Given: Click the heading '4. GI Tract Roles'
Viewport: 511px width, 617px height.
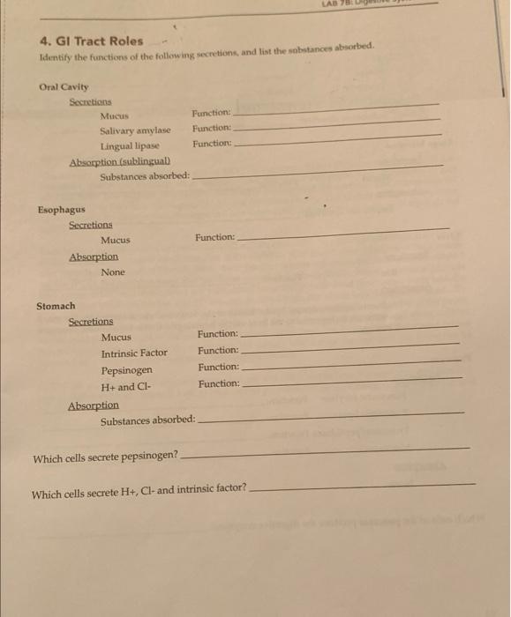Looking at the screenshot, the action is point(91,41).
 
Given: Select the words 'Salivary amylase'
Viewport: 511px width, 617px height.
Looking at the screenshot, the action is point(135,130).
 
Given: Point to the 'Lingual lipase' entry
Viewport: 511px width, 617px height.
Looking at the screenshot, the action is point(129,145).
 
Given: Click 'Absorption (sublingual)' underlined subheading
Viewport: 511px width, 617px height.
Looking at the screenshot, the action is point(120,161).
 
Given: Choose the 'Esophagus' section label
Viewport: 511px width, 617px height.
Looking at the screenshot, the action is point(61,210).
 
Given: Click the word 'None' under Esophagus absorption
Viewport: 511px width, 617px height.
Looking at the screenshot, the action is point(113,272).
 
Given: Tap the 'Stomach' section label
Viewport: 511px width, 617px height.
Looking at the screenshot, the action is point(56,306).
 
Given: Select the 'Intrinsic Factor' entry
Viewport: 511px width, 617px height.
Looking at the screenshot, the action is point(134,353).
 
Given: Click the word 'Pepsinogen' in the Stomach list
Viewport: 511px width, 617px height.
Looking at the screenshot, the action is point(126,369).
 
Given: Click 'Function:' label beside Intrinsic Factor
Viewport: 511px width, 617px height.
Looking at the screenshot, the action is point(218,350).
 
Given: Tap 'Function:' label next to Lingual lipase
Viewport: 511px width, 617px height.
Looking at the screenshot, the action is point(212,143).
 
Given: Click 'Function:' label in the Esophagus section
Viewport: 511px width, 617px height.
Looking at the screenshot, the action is point(215,237).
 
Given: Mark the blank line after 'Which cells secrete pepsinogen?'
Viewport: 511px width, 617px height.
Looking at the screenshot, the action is point(327,452).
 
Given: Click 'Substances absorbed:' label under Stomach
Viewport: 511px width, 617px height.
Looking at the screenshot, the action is point(147,420).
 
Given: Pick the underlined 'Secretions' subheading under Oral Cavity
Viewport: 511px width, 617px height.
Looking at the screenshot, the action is point(91,101).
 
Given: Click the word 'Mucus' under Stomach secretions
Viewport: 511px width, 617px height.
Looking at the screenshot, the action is point(116,337).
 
